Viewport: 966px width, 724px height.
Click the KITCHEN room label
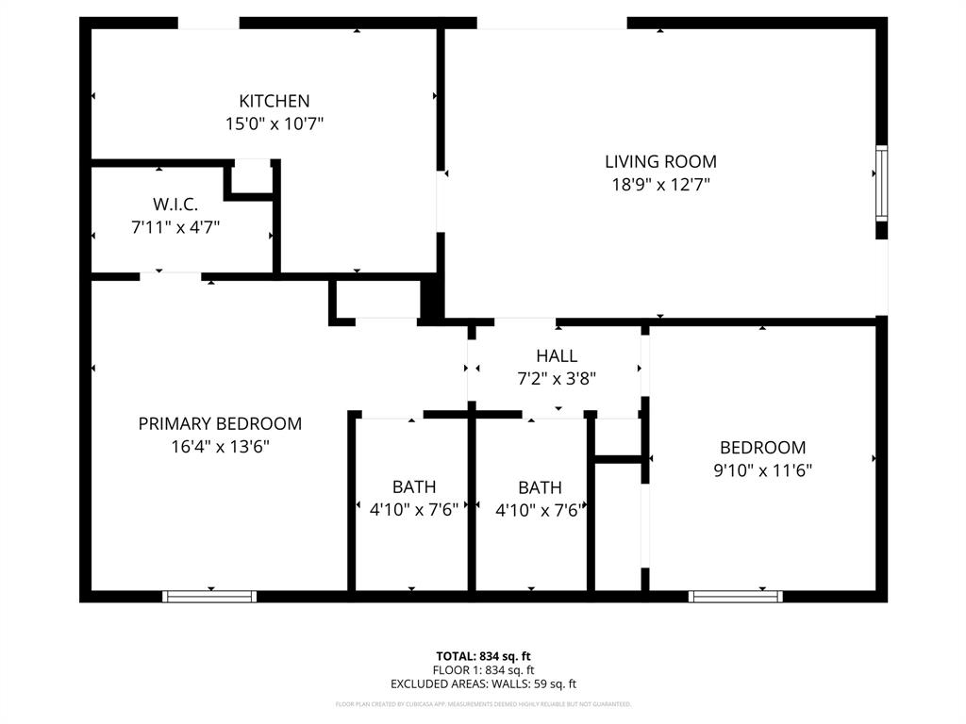274,101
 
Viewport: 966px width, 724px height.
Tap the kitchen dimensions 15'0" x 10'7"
274,123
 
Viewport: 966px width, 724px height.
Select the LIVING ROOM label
660,161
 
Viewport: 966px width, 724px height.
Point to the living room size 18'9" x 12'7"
660,185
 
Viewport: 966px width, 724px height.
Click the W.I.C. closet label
175,204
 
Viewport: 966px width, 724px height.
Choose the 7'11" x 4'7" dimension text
175,226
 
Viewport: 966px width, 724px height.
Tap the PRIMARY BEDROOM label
220,424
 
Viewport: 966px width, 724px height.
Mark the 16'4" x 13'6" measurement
220,447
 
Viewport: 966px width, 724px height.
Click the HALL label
557,356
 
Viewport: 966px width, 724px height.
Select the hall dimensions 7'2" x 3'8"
557,378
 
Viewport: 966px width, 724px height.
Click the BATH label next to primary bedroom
414,487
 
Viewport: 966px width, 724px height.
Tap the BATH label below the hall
540,487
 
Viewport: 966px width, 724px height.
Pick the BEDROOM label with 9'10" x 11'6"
763,448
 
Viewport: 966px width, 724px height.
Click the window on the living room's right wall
881,181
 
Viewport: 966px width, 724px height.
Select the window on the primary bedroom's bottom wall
209,596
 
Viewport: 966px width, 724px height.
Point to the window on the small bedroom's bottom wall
736,596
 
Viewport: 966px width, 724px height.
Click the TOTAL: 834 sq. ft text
483,656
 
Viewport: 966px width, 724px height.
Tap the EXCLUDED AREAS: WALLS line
483,684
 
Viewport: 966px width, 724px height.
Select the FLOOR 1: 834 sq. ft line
483,670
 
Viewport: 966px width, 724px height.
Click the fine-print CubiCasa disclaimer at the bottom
483,704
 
